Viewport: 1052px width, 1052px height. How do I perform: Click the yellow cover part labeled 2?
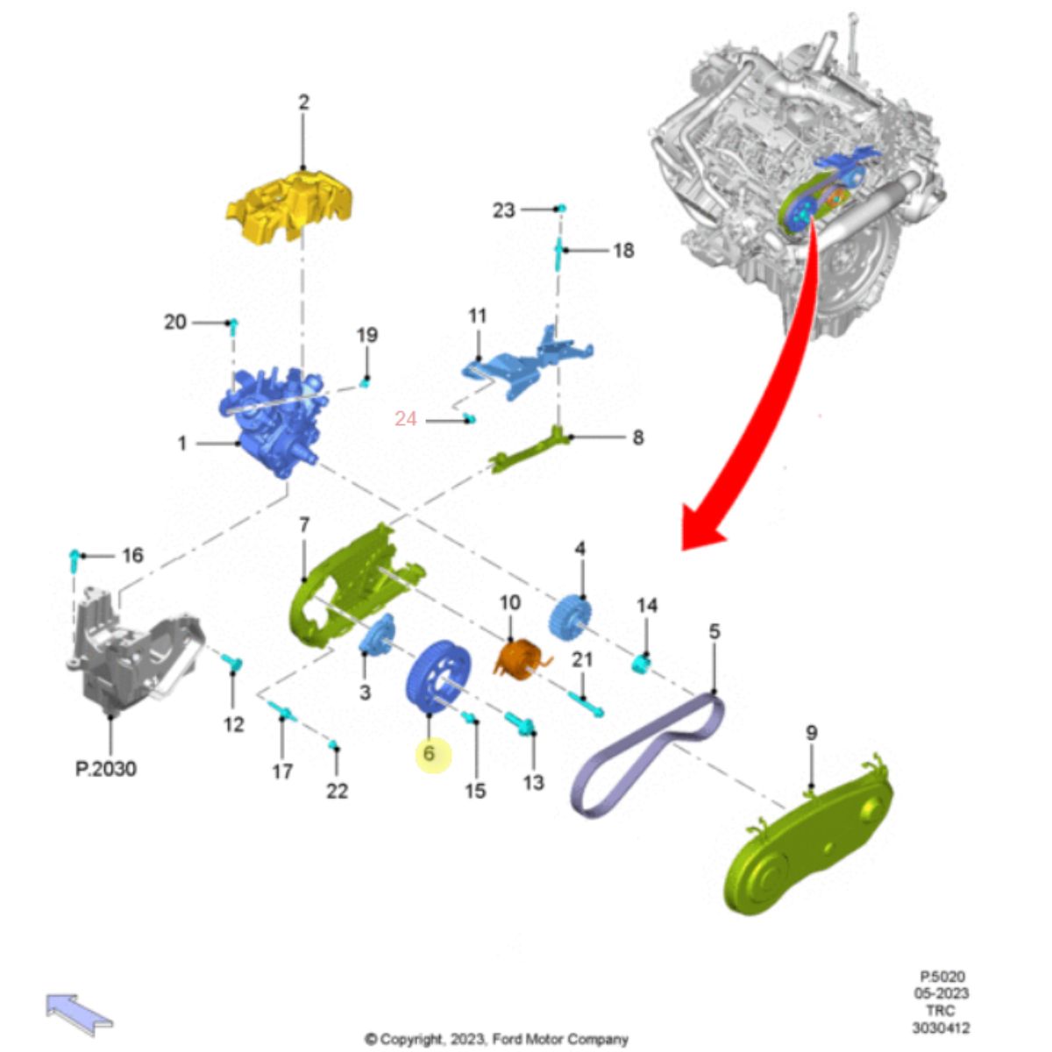coord(290,206)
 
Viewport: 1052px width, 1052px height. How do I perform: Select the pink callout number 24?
coord(406,419)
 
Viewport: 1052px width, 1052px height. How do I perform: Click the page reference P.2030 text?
coord(106,769)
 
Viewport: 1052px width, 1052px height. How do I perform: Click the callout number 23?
coord(503,210)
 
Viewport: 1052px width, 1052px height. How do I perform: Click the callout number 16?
coord(132,556)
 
